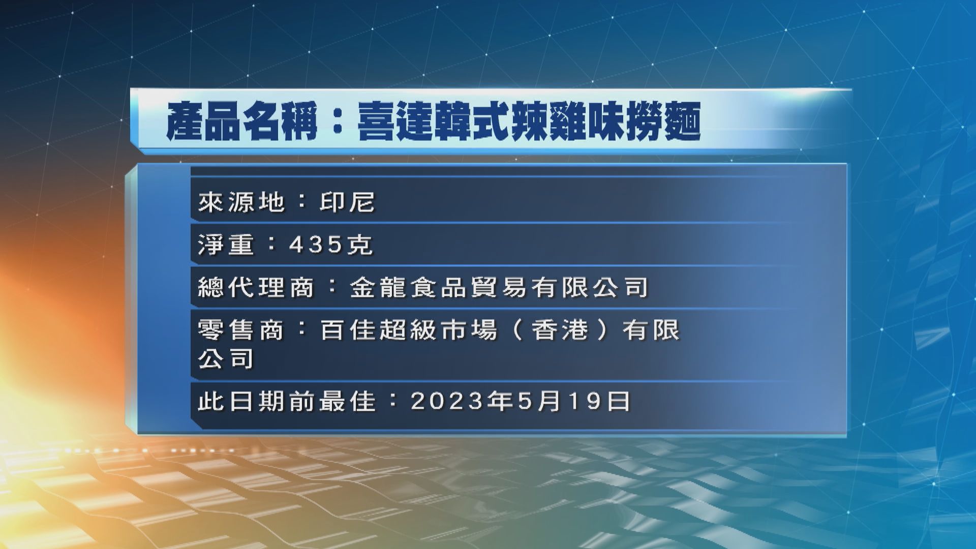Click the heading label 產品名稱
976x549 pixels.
point(242,121)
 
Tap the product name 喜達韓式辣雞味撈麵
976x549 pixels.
point(529,121)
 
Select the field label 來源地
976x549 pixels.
point(241,203)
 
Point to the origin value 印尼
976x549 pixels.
point(347,203)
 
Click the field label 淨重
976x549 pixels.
point(226,245)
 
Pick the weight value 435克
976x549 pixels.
point(331,245)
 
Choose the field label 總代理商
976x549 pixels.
point(256,288)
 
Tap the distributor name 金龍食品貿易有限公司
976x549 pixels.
point(499,288)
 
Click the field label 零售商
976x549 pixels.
point(240,330)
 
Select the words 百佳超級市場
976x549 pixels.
point(408,330)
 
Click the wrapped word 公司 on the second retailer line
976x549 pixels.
point(226,359)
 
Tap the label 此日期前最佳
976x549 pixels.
point(286,402)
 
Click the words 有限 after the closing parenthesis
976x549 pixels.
point(651,330)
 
